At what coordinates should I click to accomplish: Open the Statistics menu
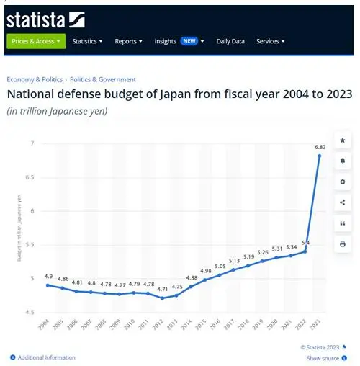[x=87, y=41]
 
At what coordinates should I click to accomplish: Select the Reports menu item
[x=129, y=41]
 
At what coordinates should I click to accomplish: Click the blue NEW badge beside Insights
[x=189, y=41]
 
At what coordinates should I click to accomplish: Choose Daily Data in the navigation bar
[x=230, y=41]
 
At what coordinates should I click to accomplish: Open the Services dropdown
[x=270, y=41]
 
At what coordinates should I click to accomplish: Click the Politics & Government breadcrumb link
[x=103, y=79]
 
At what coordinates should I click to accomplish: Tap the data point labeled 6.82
[x=318, y=156]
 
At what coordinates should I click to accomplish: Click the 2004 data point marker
[x=47, y=285]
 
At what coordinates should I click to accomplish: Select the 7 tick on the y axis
[x=31, y=143]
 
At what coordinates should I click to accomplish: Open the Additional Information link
[x=46, y=357]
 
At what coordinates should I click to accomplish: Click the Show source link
[x=323, y=358]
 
